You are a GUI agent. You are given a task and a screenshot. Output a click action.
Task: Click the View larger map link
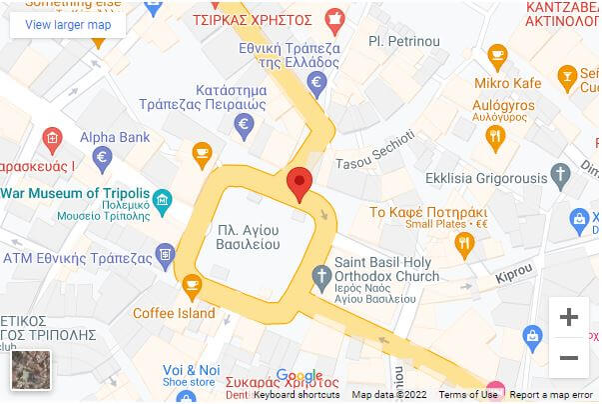tap(68, 24)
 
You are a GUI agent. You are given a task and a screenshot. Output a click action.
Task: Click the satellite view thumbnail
tap(30, 370)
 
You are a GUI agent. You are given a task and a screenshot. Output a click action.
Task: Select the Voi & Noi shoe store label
tap(191, 369)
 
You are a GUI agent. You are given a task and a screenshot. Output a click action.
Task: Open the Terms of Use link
tap(468, 395)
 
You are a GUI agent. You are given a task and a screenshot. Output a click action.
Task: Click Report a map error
tap(553, 395)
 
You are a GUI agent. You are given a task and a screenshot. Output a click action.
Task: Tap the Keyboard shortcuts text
tap(296, 395)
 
